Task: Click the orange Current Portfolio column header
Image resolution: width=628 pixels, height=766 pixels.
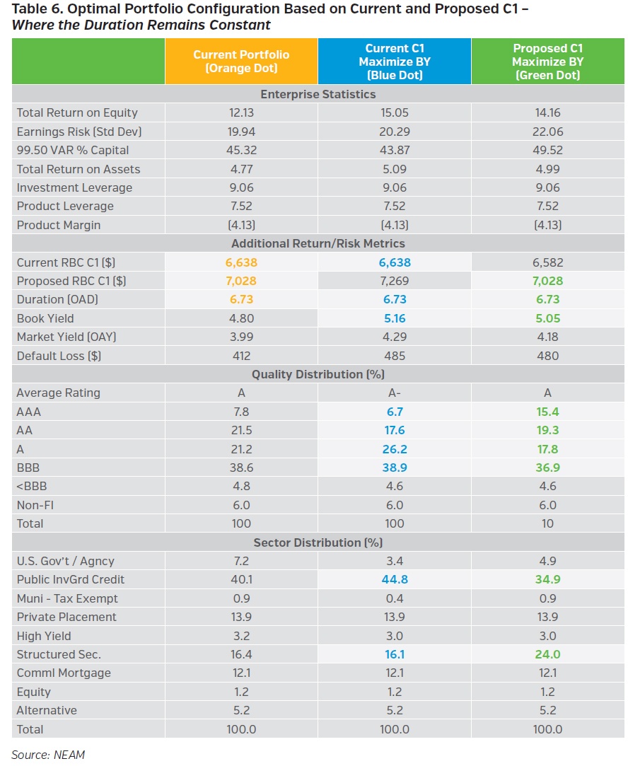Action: tap(241, 61)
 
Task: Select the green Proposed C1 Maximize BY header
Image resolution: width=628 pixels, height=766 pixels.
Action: tap(547, 61)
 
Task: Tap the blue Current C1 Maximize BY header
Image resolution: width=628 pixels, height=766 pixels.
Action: tap(394, 61)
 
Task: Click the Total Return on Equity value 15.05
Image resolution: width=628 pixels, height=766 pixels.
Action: tap(394, 112)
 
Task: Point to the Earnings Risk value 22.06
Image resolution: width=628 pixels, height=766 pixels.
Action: tap(547, 132)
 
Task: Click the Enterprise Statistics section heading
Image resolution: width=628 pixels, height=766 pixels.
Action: tap(318, 94)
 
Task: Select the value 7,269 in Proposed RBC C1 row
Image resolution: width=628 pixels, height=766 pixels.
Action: tap(394, 281)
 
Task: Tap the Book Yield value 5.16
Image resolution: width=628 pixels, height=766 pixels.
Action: tap(394, 318)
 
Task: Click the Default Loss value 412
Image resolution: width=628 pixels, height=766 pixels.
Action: tap(241, 356)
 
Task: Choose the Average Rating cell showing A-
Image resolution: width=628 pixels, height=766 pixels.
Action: tap(394, 393)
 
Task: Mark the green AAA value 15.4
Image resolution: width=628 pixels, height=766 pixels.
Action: tap(547, 412)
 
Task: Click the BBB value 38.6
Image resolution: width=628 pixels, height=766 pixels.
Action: tap(241, 468)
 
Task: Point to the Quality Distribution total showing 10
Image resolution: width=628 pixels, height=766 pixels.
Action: tap(547, 523)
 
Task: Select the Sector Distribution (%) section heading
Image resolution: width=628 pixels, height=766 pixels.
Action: tap(318, 542)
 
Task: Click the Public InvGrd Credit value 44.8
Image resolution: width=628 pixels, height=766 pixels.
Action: tap(394, 579)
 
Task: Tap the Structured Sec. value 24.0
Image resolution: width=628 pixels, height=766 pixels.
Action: tap(547, 654)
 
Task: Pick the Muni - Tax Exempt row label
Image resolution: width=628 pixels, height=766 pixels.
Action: tap(67, 598)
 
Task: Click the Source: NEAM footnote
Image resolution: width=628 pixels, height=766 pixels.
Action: tap(48, 755)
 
